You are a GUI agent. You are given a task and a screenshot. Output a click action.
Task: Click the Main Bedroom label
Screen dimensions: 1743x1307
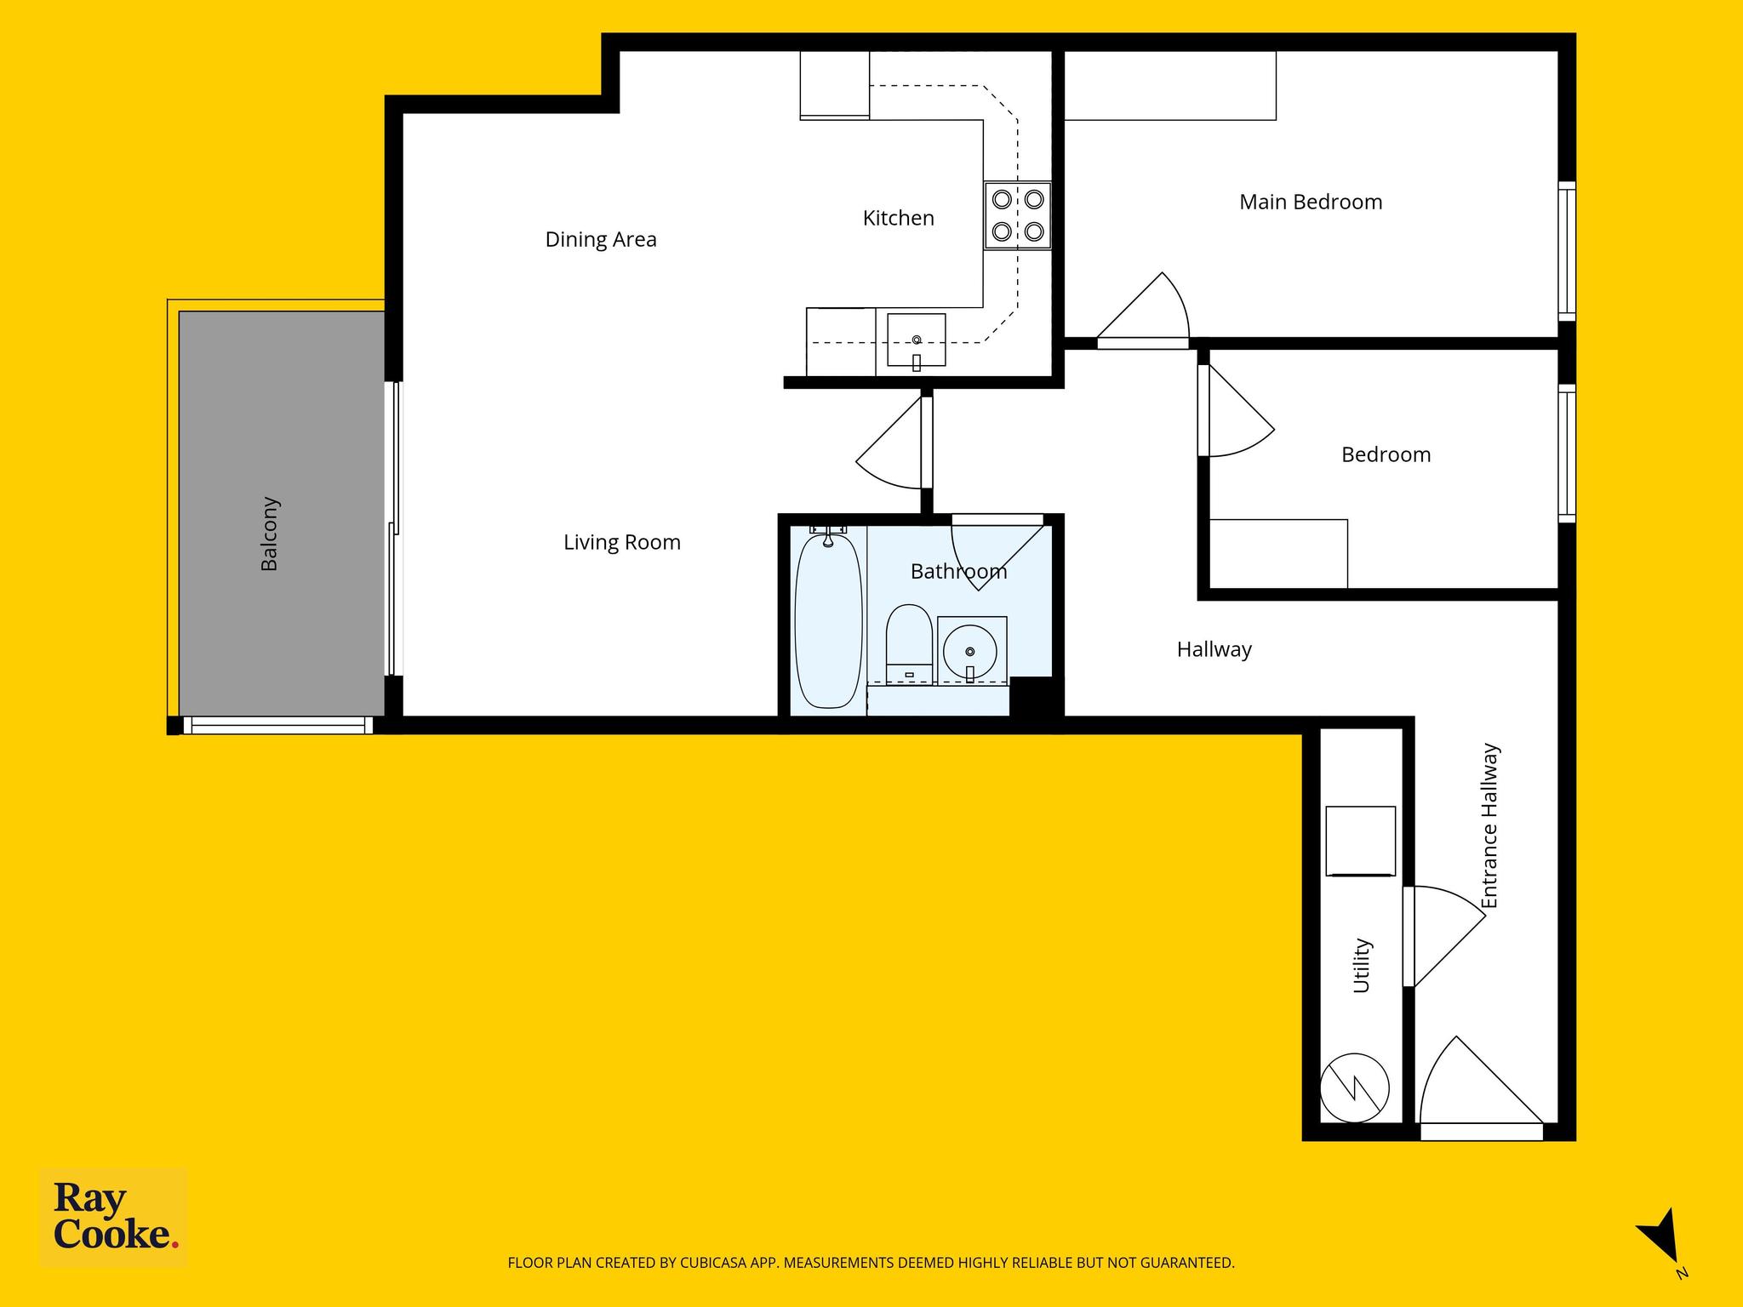click(1311, 203)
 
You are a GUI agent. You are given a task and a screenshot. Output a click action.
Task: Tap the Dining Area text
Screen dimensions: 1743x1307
click(601, 240)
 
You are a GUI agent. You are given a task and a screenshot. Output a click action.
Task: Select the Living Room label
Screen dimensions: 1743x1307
click(622, 543)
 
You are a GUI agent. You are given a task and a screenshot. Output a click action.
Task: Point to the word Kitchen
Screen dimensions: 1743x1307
click(899, 219)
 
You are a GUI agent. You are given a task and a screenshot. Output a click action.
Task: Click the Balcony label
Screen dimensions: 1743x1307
click(269, 534)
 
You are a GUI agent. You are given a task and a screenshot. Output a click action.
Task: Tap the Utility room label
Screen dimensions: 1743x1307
click(1362, 965)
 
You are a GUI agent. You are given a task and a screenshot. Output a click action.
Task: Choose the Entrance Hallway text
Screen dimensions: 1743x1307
click(1489, 826)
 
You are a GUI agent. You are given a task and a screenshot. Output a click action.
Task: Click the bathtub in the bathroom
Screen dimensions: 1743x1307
click(828, 619)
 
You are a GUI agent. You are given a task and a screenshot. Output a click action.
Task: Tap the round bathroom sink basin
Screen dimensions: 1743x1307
click(970, 651)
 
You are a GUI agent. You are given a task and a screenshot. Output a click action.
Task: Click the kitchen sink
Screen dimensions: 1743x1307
click(917, 340)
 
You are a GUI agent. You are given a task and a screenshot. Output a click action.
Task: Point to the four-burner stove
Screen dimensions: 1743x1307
click(1018, 215)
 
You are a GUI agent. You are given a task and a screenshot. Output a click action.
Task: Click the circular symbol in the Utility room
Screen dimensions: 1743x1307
click(1355, 1087)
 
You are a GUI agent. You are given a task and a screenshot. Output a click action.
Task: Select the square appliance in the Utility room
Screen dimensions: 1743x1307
click(1361, 842)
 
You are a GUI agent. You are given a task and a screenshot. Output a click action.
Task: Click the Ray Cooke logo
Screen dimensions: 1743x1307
click(114, 1219)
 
